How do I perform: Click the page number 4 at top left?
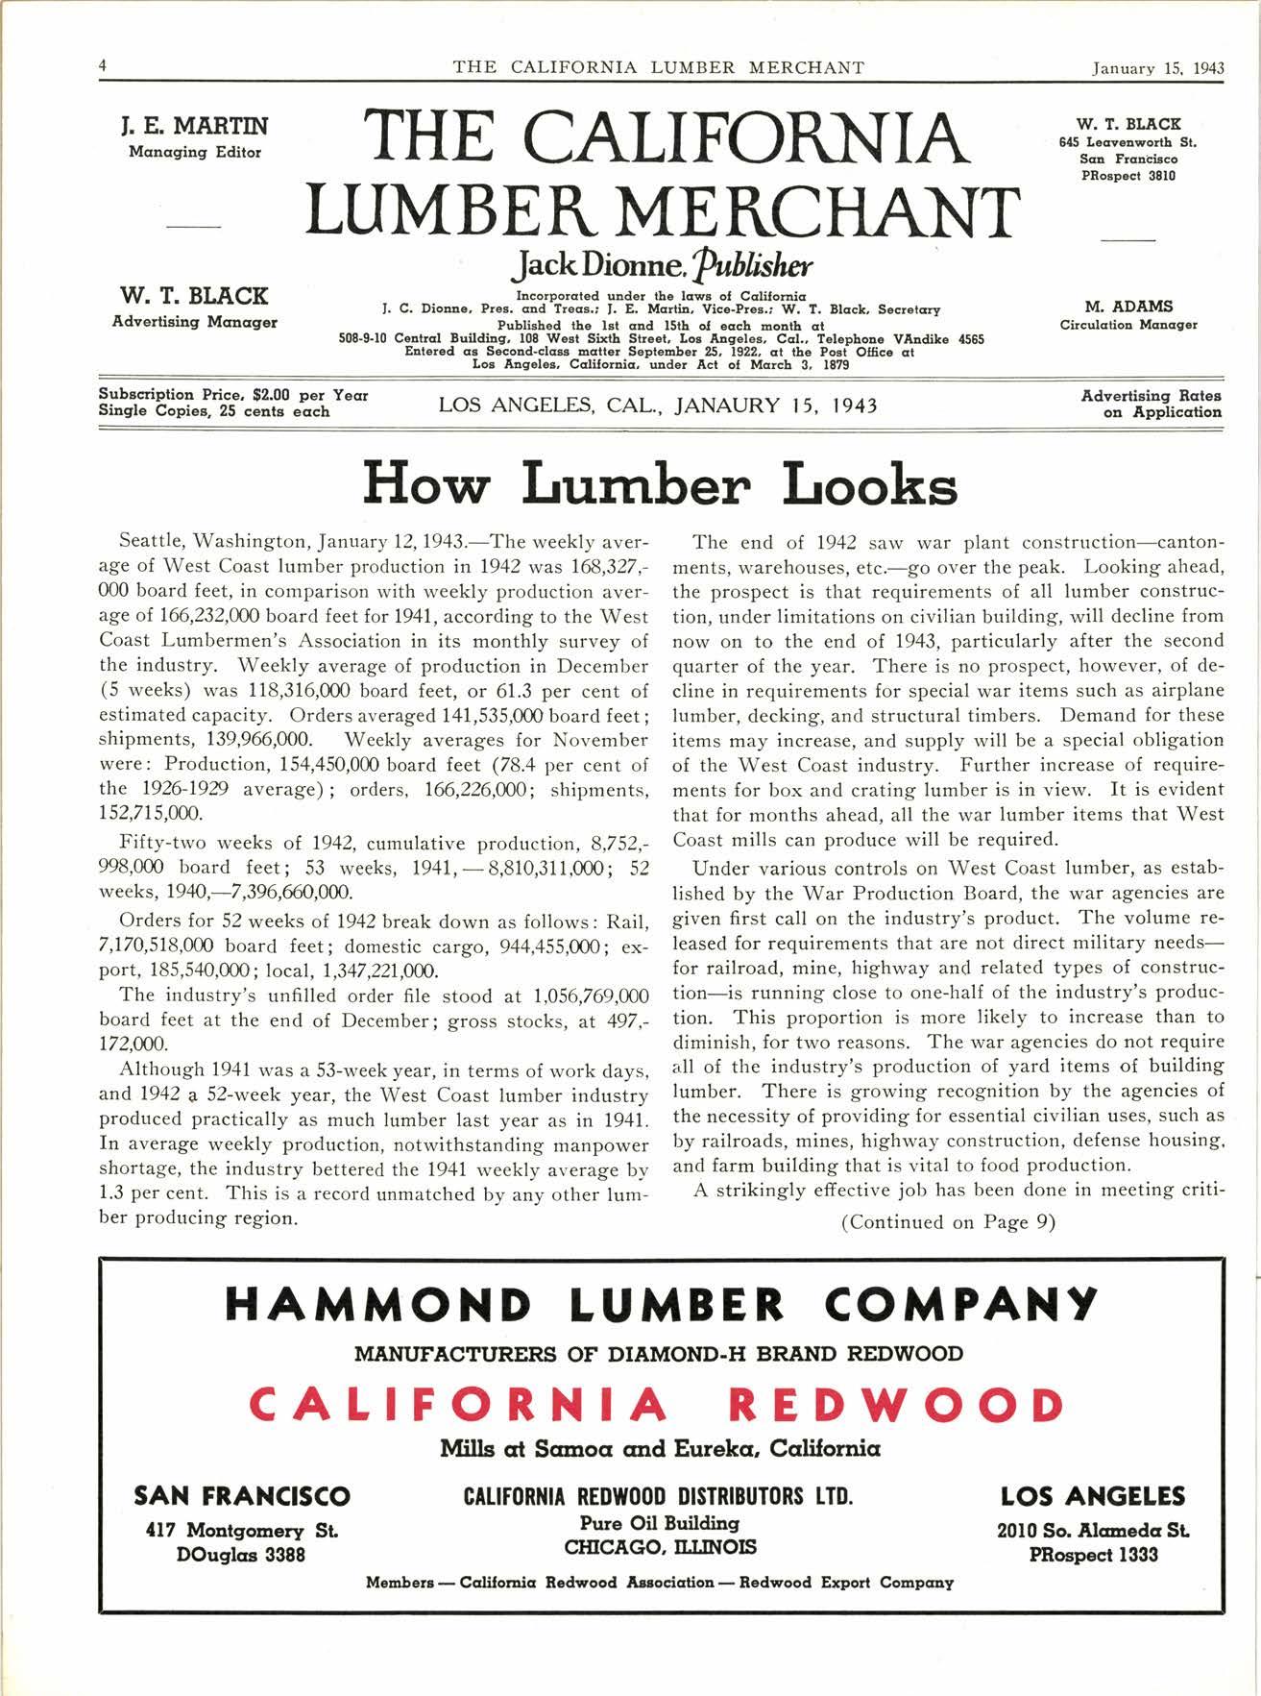pos(102,66)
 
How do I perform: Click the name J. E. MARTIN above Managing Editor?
pos(194,126)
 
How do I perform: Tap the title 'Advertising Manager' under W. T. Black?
pos(194,322)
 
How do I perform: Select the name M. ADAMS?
pos(1128,306)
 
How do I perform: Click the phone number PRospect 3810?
pos(1128,176)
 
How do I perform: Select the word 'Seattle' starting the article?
pos(151,541)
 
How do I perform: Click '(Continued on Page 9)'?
pos(948,1222)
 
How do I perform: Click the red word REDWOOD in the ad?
pos(895,1405)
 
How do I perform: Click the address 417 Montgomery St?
pos(241,1530)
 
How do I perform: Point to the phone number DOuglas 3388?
pos(241,1554)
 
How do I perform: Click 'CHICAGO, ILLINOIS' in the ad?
pos(660,1547)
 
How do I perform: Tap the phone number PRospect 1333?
pos(1093,1555)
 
